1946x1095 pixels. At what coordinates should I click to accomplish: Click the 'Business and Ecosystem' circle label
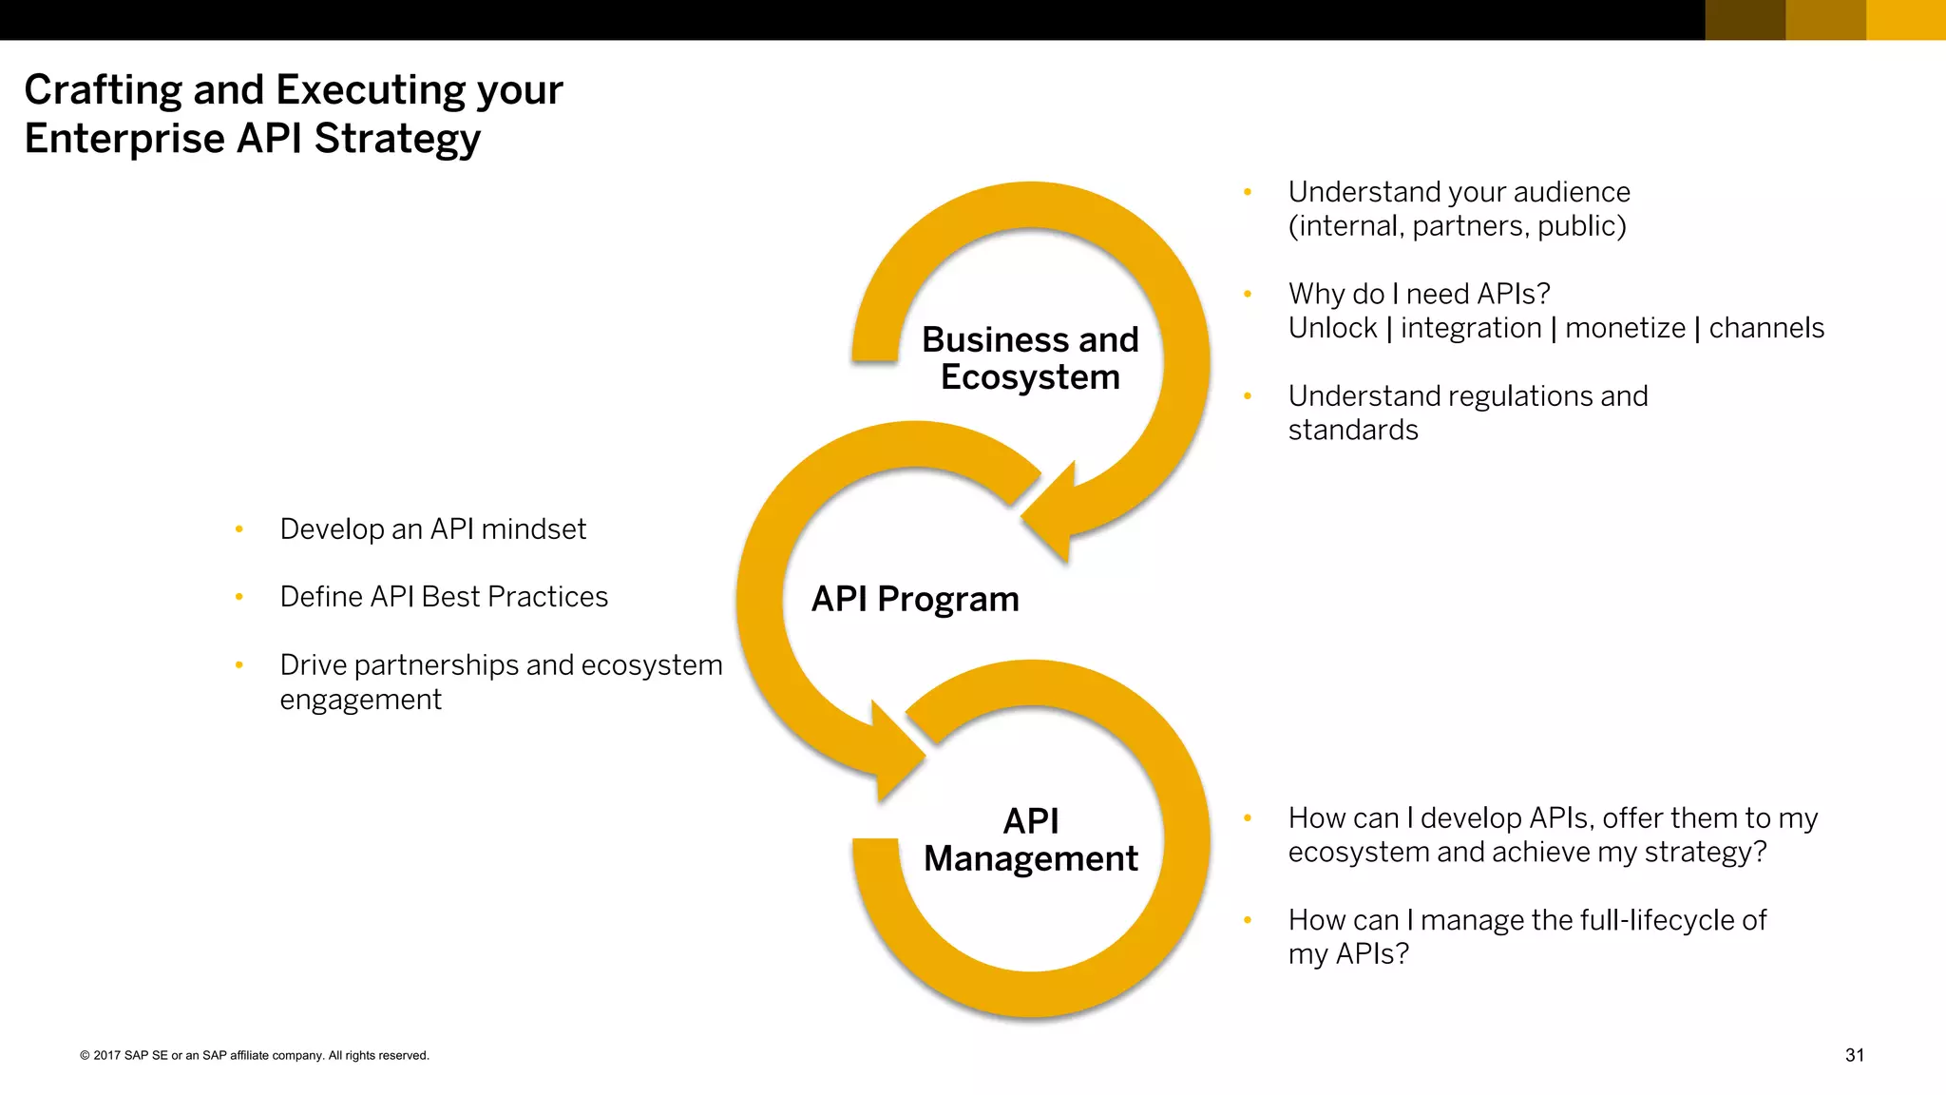coord(1030,358)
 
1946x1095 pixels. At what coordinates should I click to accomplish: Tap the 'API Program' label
coord(915,599)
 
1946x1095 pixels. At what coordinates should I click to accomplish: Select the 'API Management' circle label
coord(1031,839)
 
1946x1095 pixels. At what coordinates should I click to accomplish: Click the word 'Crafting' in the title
coord(103,90)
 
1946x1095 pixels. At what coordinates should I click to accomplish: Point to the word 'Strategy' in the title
coord(397,139)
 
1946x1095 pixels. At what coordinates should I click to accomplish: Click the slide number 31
coord(1854,1055)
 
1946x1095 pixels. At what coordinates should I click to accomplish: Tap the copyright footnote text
coord(255,1055)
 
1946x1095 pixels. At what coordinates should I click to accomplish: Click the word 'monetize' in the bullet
coord(1625,328)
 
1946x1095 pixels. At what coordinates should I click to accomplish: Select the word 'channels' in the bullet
coord(1766,328)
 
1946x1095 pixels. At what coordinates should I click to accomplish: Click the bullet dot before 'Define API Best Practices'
coord(239,597)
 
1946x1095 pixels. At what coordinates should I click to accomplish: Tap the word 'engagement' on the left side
coord(361,700)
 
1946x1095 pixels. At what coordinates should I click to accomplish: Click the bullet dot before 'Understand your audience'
coord(1248,193)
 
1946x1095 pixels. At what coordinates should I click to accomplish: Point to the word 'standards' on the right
coord(1353,431)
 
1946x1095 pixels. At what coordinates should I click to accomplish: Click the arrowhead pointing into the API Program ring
coord(1050,514)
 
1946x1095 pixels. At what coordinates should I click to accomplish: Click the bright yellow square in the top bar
coord(1905,20)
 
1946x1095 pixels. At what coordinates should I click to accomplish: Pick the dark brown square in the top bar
coord(1745,20)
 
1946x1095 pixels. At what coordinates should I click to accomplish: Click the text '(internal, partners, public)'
coord(1457,226)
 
